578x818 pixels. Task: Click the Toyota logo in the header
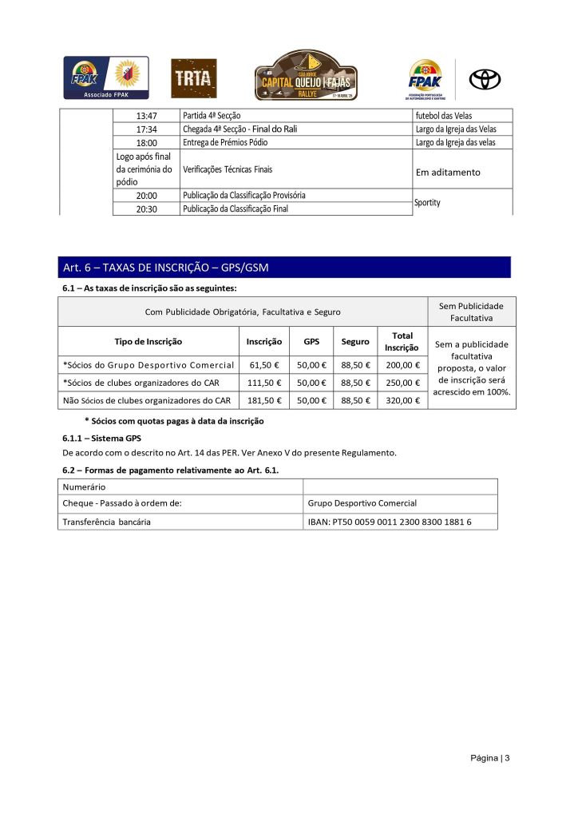coord(484,79)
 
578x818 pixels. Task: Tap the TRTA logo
coord(194,78)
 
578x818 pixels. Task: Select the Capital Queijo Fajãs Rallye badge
coord(306,76)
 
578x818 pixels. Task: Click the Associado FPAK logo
coord(106,77)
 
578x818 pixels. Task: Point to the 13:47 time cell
coord(147,116)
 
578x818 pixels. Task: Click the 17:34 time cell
coord(147,129)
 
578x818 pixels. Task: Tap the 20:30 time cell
coord(147,209)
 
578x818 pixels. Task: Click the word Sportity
coord(427,202)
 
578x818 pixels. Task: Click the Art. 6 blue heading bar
coord(285,267)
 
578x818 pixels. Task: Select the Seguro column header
coord(355,342)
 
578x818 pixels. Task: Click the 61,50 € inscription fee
coord(264,364)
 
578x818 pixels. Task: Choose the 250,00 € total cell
coord(402,382)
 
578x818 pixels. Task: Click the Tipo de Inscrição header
coord(148,342)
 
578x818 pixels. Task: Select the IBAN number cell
coord(390,522)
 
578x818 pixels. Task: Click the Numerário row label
coord(84,486)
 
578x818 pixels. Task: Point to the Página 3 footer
coord(489,758)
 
